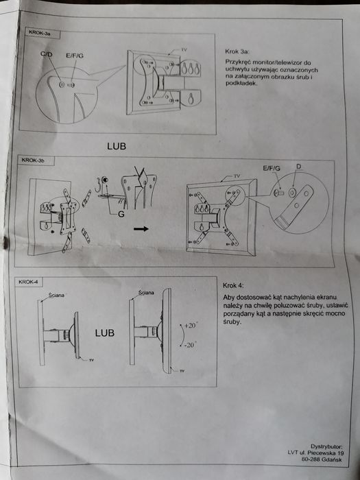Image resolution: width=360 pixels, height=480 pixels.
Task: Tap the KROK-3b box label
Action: [34, 160]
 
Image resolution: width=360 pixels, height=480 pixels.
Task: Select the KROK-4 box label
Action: [28, 283]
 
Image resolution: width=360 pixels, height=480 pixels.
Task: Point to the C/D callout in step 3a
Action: [47, 54]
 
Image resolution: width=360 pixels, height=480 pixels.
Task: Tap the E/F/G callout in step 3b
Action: [272, 167]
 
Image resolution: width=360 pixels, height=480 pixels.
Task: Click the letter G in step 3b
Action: [121, 215]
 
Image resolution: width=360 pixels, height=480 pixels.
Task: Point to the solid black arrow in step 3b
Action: [141, 230]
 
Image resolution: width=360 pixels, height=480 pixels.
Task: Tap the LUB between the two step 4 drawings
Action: [105, 333]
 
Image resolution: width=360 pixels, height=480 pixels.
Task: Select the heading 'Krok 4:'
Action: [234, 285]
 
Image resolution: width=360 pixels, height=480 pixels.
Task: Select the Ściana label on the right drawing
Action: [145, 292]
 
